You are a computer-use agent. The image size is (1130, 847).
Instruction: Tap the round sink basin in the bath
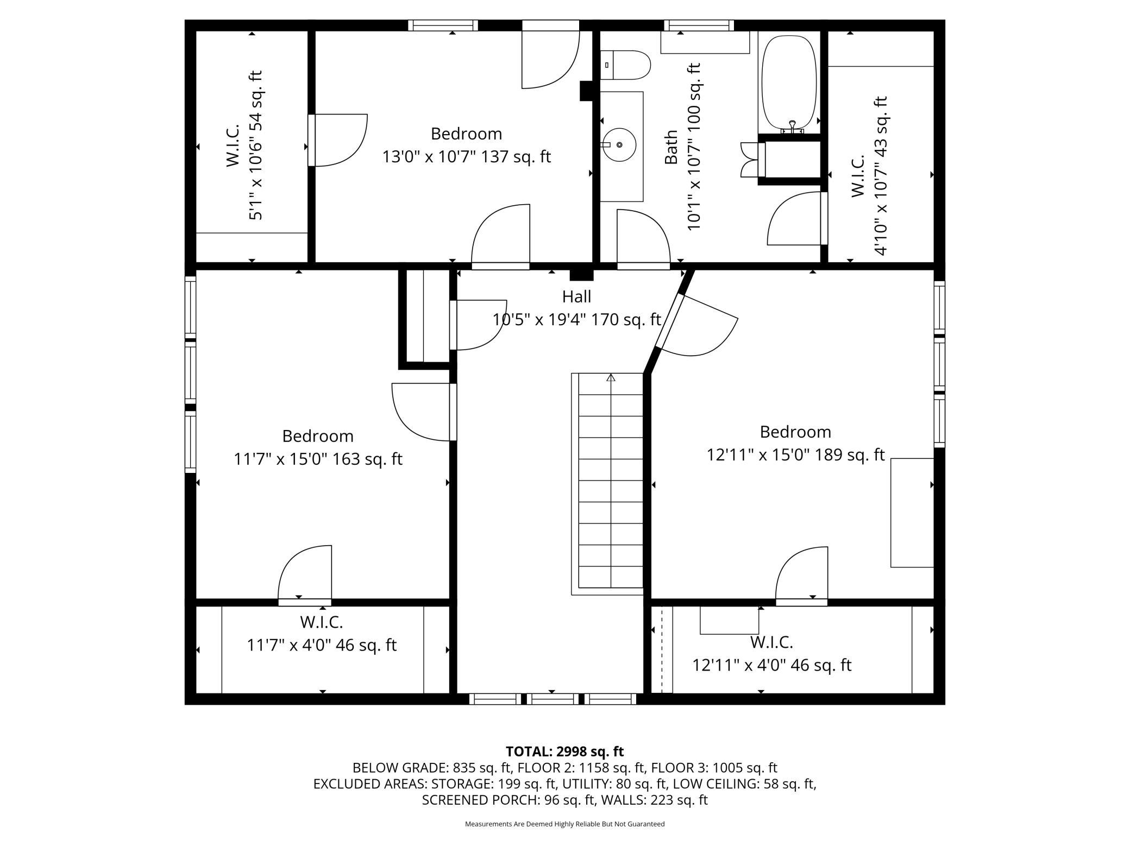click(x=619, y=145)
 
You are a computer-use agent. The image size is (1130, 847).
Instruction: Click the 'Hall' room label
click(x=576, y=296)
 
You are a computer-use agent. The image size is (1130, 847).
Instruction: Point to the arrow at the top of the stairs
click(x=611, y=377)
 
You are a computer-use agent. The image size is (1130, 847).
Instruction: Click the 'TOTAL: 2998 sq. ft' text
click(x=565, y=751)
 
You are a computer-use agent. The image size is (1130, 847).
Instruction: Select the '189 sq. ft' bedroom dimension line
click(x=796, y=454)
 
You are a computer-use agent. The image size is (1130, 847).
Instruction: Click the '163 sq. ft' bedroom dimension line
click(x=318, y=459)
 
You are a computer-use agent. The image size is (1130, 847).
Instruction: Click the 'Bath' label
click(x=671, y=147)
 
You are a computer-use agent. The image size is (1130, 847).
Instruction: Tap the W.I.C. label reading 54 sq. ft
click(x=244, y=145)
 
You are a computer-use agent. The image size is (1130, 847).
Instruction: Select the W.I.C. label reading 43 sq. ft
click(x=869, y=175)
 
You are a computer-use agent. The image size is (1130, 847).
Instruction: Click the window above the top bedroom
click(x=443, y=25)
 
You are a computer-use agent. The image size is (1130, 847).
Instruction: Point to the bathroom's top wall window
click(x=699, y=25)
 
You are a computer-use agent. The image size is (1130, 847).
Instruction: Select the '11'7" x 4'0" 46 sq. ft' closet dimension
click(x=322, y=645)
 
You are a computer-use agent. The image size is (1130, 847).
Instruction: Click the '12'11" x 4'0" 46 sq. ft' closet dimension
click(x=772, y=665)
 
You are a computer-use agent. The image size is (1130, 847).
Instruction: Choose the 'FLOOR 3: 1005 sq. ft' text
click(x=714, y=768)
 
